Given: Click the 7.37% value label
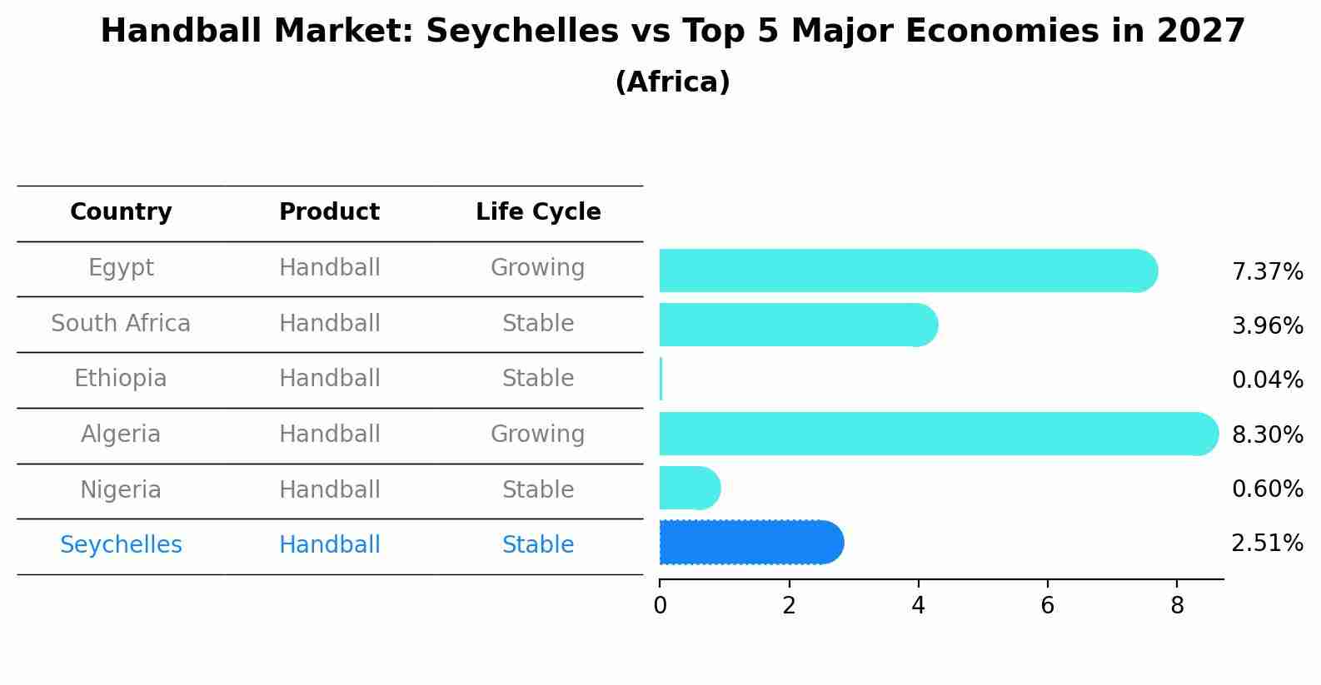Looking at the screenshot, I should point(1267,272).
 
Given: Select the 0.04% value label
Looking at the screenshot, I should point(1267,380).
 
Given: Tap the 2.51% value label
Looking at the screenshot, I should point(1267,544).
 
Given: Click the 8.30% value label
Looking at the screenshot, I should point(1267,434).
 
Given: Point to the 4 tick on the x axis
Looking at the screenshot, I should point(918,606).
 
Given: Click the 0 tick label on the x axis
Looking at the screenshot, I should point(660,606).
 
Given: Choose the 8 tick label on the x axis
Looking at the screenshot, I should point(1177,606).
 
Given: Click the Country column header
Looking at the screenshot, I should point(121,212).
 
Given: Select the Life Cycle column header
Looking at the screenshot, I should point(538,212).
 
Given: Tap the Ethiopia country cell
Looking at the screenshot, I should point(121,379).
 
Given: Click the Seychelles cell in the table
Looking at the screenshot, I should point(121,545).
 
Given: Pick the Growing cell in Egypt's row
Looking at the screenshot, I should point(537,268).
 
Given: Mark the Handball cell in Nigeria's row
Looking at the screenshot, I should point(329,489).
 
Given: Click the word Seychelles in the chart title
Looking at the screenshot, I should point(522,32).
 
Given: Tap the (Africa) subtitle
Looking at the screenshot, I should point(672,82).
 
